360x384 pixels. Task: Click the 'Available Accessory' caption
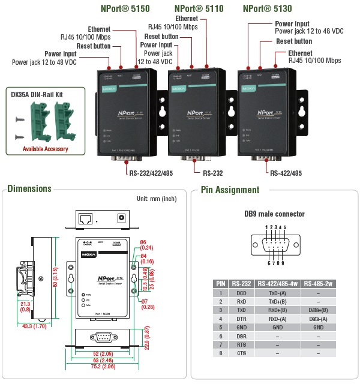click(x=46, y=149)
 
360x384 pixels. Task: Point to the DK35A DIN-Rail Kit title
click(x=38, y=94)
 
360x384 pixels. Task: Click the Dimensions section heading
click(x=29, y=189)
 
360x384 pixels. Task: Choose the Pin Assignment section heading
click(x=230, y=190)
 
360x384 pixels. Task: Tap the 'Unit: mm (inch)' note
click(x=156, y=198)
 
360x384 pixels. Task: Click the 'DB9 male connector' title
click(x=274, y=214)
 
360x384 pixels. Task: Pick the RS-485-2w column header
click(x=318, y=283)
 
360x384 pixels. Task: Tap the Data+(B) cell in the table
click(x=318, y=310)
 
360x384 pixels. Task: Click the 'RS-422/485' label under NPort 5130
click(x=286, y=173)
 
